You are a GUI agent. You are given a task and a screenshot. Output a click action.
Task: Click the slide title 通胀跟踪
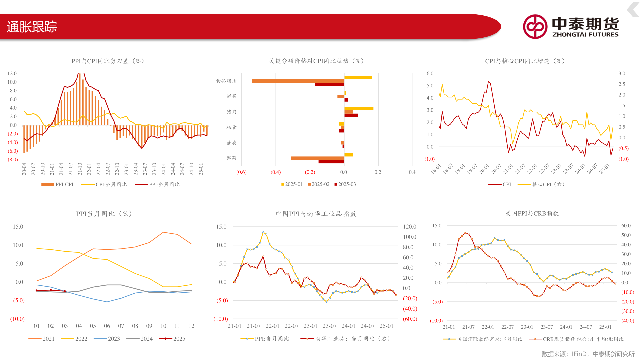pos(32,27)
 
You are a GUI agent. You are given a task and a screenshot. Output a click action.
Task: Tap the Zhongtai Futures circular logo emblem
pos(535,27)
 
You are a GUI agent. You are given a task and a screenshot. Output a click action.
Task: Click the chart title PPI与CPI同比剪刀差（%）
pos(108,61)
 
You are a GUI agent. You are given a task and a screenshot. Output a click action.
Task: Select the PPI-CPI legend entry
pos(57,184)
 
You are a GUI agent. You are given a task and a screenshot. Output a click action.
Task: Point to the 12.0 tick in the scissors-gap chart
pos(12,73)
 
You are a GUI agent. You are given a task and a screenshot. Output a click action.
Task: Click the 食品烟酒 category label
pos(226,81)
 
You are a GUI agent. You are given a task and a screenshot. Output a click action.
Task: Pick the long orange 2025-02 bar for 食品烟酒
pos(298,81)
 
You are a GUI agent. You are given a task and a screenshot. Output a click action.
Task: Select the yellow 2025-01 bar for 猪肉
pos(359,108)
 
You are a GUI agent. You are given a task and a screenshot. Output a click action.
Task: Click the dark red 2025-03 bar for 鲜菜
pos(331,162)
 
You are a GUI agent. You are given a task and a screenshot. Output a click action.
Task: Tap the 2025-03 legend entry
pos(345,184)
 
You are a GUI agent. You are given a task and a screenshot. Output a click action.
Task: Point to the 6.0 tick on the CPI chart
pos(430,73)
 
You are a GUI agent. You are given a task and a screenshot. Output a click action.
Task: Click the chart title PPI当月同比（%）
pos(104,214)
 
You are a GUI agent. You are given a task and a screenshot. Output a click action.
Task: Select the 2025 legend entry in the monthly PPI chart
pos(172,339)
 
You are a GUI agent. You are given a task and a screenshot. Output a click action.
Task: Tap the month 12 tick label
pos(191,326)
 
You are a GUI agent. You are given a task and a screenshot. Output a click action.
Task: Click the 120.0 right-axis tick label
pos(410,227)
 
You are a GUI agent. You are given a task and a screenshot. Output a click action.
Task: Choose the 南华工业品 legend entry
pos(346,339)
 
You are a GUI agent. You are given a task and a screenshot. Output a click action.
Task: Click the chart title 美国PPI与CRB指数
pos(532,213)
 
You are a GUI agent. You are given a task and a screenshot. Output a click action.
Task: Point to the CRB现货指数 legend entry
pos(576,339)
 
